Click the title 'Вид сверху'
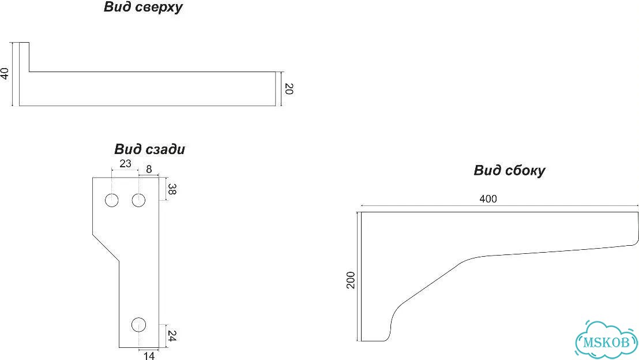143,7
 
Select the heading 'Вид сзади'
149,149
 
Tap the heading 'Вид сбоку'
509,170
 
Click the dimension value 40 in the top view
5,74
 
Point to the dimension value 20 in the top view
288,89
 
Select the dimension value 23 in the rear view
125,163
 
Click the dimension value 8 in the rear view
149,169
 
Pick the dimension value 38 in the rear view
172,190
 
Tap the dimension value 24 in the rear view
172,336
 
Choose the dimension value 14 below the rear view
149,355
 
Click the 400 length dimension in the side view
488,199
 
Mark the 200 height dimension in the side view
351,280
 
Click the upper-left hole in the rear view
112,201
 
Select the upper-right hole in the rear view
138,201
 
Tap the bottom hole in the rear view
138,325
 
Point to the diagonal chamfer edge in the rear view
106,247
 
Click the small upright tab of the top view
24,57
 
